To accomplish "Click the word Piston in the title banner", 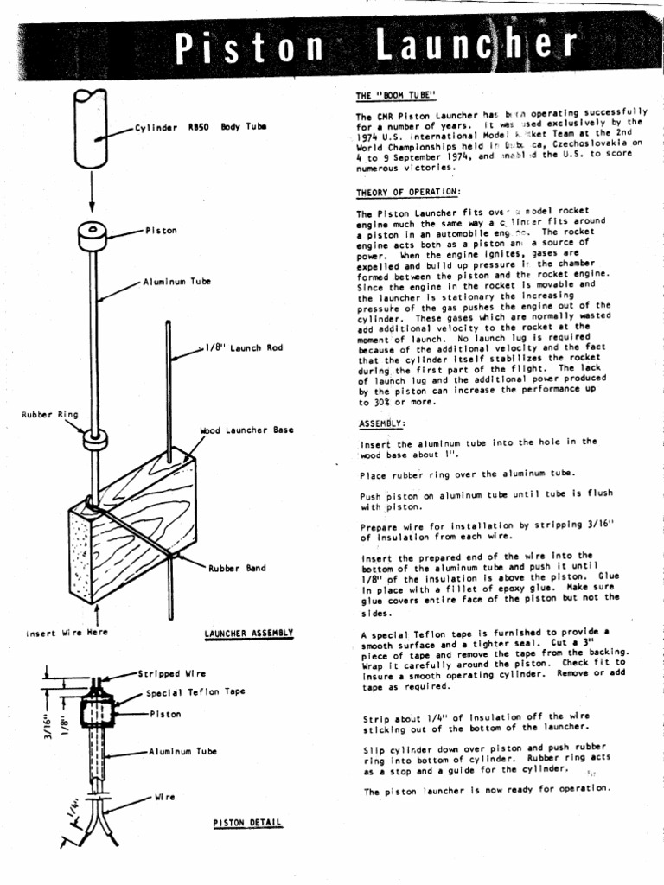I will pyautogui.click(x=247, y=49).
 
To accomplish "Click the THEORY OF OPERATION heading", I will pyautogui.click(x=407, y=192).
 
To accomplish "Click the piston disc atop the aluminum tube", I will pyautogui.click(x=92, y=236).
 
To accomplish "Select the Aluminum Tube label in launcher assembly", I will pyautogui.click(x=176, y=282).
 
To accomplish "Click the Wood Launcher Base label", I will pyautogui.click(x=246, y=430).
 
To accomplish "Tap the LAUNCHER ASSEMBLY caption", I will pyautogui.click(x=249, y=633).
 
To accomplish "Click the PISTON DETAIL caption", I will pyautogui.click(x=247, y=822).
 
